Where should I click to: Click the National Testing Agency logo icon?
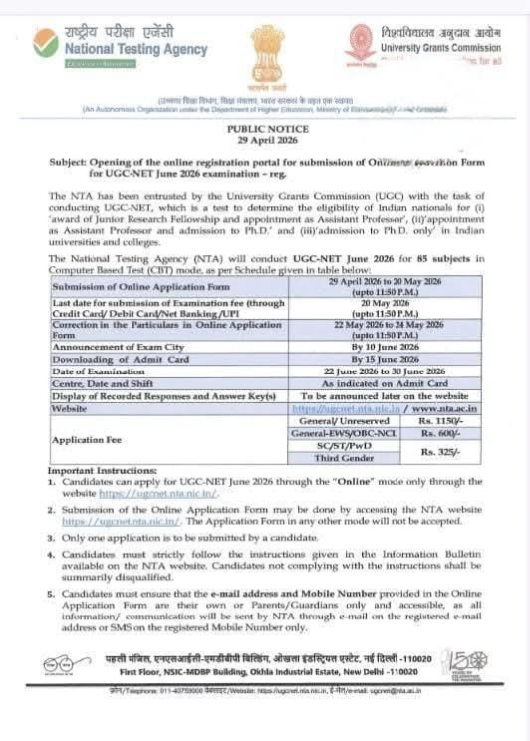coord(45,43)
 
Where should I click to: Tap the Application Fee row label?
coord(91,439)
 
